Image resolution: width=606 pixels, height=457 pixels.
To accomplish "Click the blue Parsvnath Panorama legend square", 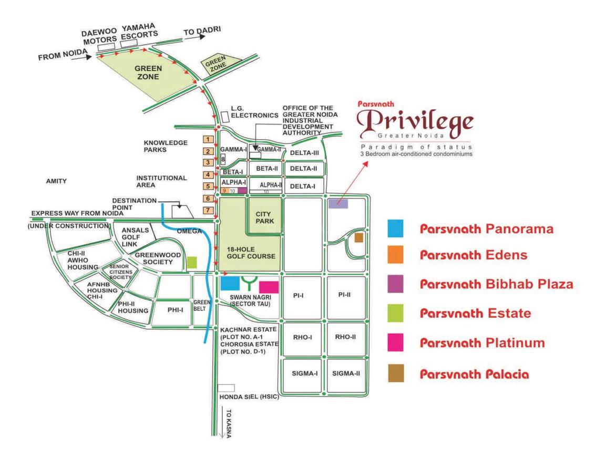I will coord(395,228).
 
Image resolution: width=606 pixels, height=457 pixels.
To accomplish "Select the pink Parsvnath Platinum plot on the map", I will coord(269,287).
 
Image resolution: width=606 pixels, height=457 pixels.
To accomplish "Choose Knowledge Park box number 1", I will coord(209,140).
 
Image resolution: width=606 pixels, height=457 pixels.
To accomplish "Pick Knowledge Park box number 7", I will coord(209,211).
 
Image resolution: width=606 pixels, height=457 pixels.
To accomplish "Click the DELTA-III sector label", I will coord(304,152).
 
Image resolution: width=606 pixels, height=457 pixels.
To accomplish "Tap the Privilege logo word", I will coord(415,122).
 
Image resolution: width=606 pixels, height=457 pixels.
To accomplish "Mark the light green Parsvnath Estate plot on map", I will coord(192,262).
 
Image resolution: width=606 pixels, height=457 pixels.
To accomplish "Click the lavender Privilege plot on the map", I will coord(338,203).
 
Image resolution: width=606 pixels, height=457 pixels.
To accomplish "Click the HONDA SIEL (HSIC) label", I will coord(249,397).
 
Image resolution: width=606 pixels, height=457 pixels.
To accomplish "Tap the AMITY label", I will coord(56,181).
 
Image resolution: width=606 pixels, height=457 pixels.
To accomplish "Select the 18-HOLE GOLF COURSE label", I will coord(251,253).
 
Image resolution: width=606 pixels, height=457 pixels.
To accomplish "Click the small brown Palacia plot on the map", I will coord(358,237).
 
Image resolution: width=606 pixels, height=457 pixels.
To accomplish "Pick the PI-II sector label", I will coord(345,295).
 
